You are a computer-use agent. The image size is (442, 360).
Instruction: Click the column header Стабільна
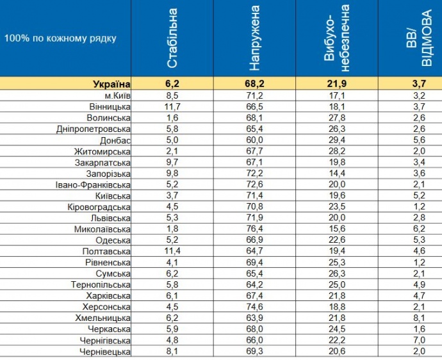(x=172, y=38)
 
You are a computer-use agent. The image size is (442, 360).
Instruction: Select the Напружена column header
(x=254, y=38)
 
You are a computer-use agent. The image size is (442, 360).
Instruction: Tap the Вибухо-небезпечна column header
(x=336, y=38)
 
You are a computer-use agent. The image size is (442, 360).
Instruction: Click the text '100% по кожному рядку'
(x=60, y=38)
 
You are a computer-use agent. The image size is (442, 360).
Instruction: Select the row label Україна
(x=111, y=84)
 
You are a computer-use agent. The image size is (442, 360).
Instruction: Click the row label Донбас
(x=115, y=140)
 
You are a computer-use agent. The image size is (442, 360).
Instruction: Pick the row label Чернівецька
(x=105, y=352)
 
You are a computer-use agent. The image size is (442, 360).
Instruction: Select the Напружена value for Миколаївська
(x=254, y=229)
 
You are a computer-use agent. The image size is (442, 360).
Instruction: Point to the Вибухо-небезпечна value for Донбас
(x=336, y=140)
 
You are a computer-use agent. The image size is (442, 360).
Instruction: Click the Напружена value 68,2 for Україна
(x=254, y=84)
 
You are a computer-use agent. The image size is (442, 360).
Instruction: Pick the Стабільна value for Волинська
(x=172, y=118)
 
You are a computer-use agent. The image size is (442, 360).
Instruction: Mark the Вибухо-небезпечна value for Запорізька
(x=336, y=174)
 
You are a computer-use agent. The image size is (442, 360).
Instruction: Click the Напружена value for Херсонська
(x=254, y=307)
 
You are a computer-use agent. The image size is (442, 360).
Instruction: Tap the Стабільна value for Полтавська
(x=172, y=251)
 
